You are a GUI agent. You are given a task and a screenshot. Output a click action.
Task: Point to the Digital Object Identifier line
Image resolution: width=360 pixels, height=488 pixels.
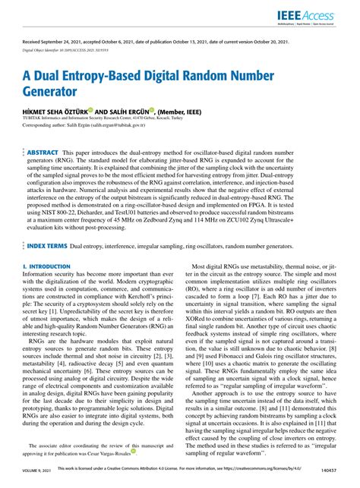pos(77,49)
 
